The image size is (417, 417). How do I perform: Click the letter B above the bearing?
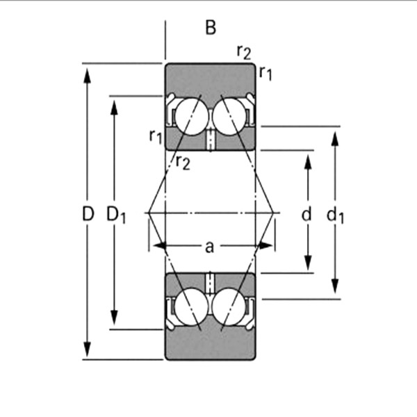[x=211, y=28]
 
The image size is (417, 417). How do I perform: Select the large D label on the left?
[x=87, y=215]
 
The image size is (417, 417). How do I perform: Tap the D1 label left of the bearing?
[x=115, y=215]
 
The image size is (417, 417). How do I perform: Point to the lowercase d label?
[x=306, y=215]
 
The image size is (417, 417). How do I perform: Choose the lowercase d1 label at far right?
[x=335, y=215]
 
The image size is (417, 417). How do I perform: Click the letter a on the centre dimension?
[x=209, y=246]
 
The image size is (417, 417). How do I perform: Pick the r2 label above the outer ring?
[x=243, y=50]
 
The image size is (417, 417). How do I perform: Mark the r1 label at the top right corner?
[x=265, y=72]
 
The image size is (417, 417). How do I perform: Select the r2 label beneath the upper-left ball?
[x=182, y=162]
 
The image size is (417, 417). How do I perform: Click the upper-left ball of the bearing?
[x=190, y=114]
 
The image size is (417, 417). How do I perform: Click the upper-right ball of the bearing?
[x=229, y=114]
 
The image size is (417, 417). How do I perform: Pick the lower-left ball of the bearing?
[x=190, y=307]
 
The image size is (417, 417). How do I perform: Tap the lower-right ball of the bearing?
[x=229, y=307]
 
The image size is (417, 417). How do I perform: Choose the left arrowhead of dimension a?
[x=157, y=245]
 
